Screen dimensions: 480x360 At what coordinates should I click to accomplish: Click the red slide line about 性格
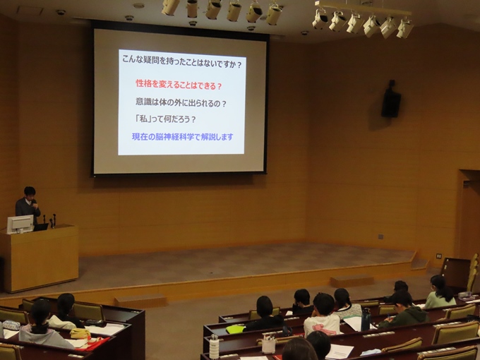point(179,84)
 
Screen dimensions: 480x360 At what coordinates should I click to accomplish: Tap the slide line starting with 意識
point(181,102)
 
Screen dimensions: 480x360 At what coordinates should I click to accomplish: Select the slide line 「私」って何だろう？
point(165,119)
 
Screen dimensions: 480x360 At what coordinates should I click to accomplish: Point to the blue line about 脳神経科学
point(182,136)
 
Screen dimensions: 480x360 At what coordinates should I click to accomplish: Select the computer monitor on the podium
point(20,224)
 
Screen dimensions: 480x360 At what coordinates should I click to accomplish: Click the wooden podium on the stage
point(40,258)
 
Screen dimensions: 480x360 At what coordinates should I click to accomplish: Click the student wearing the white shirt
point(322,316)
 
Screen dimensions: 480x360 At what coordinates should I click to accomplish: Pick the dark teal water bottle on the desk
point(366,319)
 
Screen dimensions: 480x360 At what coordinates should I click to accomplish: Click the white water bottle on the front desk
point(215,347)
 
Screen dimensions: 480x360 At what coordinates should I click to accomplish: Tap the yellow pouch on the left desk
point(80,333)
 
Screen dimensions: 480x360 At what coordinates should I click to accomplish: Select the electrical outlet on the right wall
point(439,256)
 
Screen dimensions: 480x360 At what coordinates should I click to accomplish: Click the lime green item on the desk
point(235,330)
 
